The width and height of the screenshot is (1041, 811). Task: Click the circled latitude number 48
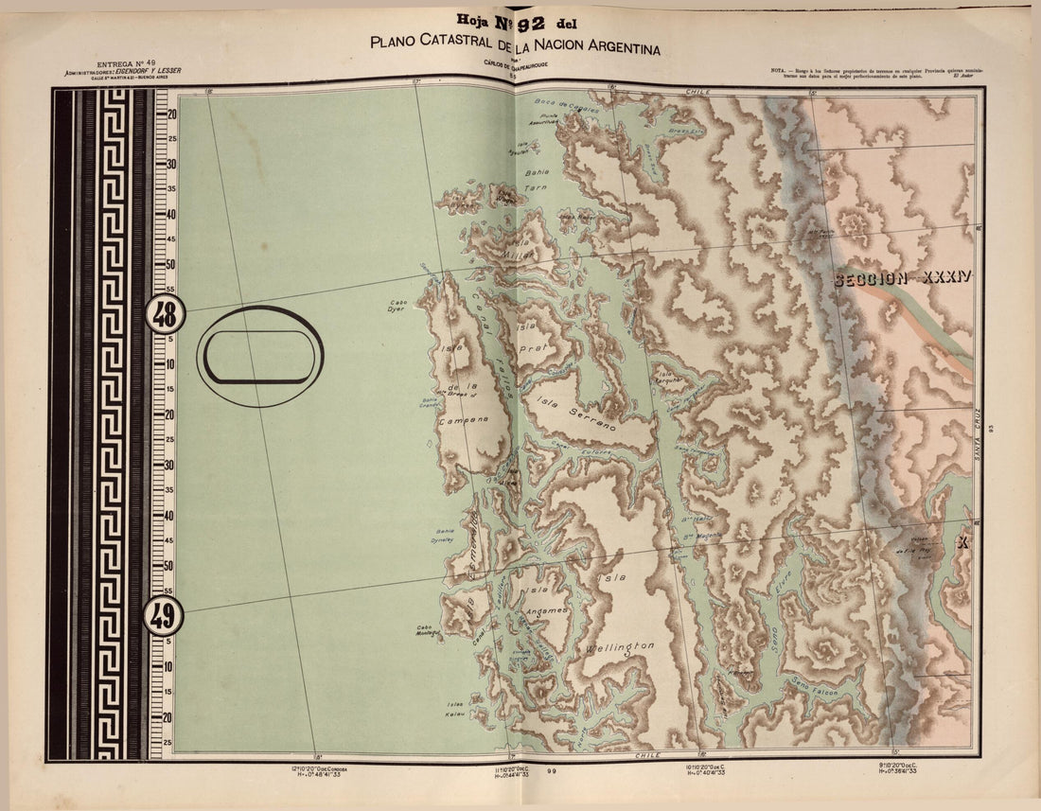(x=165, y=314)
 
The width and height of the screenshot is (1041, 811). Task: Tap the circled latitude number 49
(x=163, y=617)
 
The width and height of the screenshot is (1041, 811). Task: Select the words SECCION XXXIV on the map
(x=903, y=278)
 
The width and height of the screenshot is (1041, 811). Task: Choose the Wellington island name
(x=619, y=647)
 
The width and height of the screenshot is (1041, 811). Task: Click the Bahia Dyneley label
(x=445, y=536)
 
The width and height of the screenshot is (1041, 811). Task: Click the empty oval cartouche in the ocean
(x=260, y=357)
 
